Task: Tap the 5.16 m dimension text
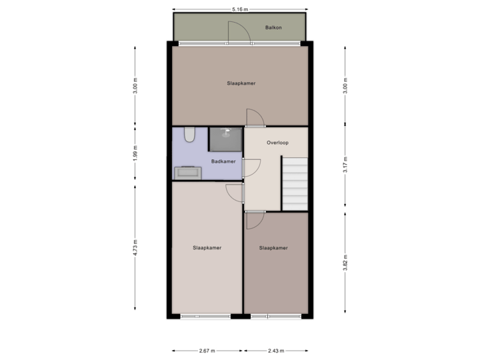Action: (240, 9)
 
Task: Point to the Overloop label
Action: (277, 143)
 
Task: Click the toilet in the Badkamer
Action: (189, 135)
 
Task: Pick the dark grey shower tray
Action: (226, 139)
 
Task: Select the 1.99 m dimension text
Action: (135, 153)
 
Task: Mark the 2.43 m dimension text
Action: (276, 350)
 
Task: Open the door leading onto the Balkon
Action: (239, 33)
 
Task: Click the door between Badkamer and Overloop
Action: (249, 167)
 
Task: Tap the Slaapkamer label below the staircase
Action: (273, 248)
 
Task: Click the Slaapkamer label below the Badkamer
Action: (207, 248)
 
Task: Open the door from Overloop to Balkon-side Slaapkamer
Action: (255, 117)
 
